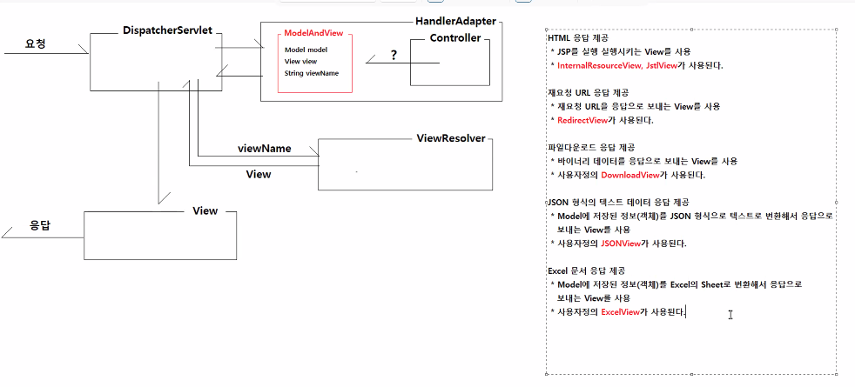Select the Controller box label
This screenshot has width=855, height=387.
pyautogui.click(x=455, y=38)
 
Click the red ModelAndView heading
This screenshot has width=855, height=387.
pyautogui.click(x=313, y=33)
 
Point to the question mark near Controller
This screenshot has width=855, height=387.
pyautogui.click(x=394, y=55)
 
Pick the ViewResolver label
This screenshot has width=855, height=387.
pyautogui.click(x=450, y=139)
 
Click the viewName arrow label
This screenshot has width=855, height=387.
pyautogui.click(x=264, y=149)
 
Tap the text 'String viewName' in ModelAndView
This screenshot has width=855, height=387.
pyautogui.click(x=311, y=74)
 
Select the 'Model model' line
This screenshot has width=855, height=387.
pyautogui.click(x=306, y=50)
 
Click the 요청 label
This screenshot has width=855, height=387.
pyautogui.click(x=36, y=43)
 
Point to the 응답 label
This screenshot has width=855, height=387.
pyautogui.click(x=40, y=225)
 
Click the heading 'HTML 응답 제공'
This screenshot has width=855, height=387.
pyautogui.click(x=578, y=38)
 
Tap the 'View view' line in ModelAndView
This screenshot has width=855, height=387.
pyautogui.click(x=301, y=62)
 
